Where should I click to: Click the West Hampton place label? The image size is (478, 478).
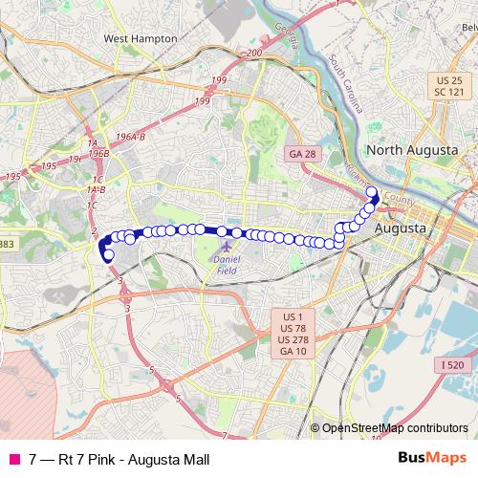[141, 38]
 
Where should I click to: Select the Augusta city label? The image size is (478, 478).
[404, 229]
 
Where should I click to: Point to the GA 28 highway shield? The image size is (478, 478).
[302, 154]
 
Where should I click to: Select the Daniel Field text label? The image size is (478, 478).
[226, 265]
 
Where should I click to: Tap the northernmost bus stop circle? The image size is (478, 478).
[373, 191]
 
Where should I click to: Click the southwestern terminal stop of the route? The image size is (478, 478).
[108, 255]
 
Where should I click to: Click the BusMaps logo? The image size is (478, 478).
[434, 459]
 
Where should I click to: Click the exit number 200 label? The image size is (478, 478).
[253, 54]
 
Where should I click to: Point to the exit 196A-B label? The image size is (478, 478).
[129, 138]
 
